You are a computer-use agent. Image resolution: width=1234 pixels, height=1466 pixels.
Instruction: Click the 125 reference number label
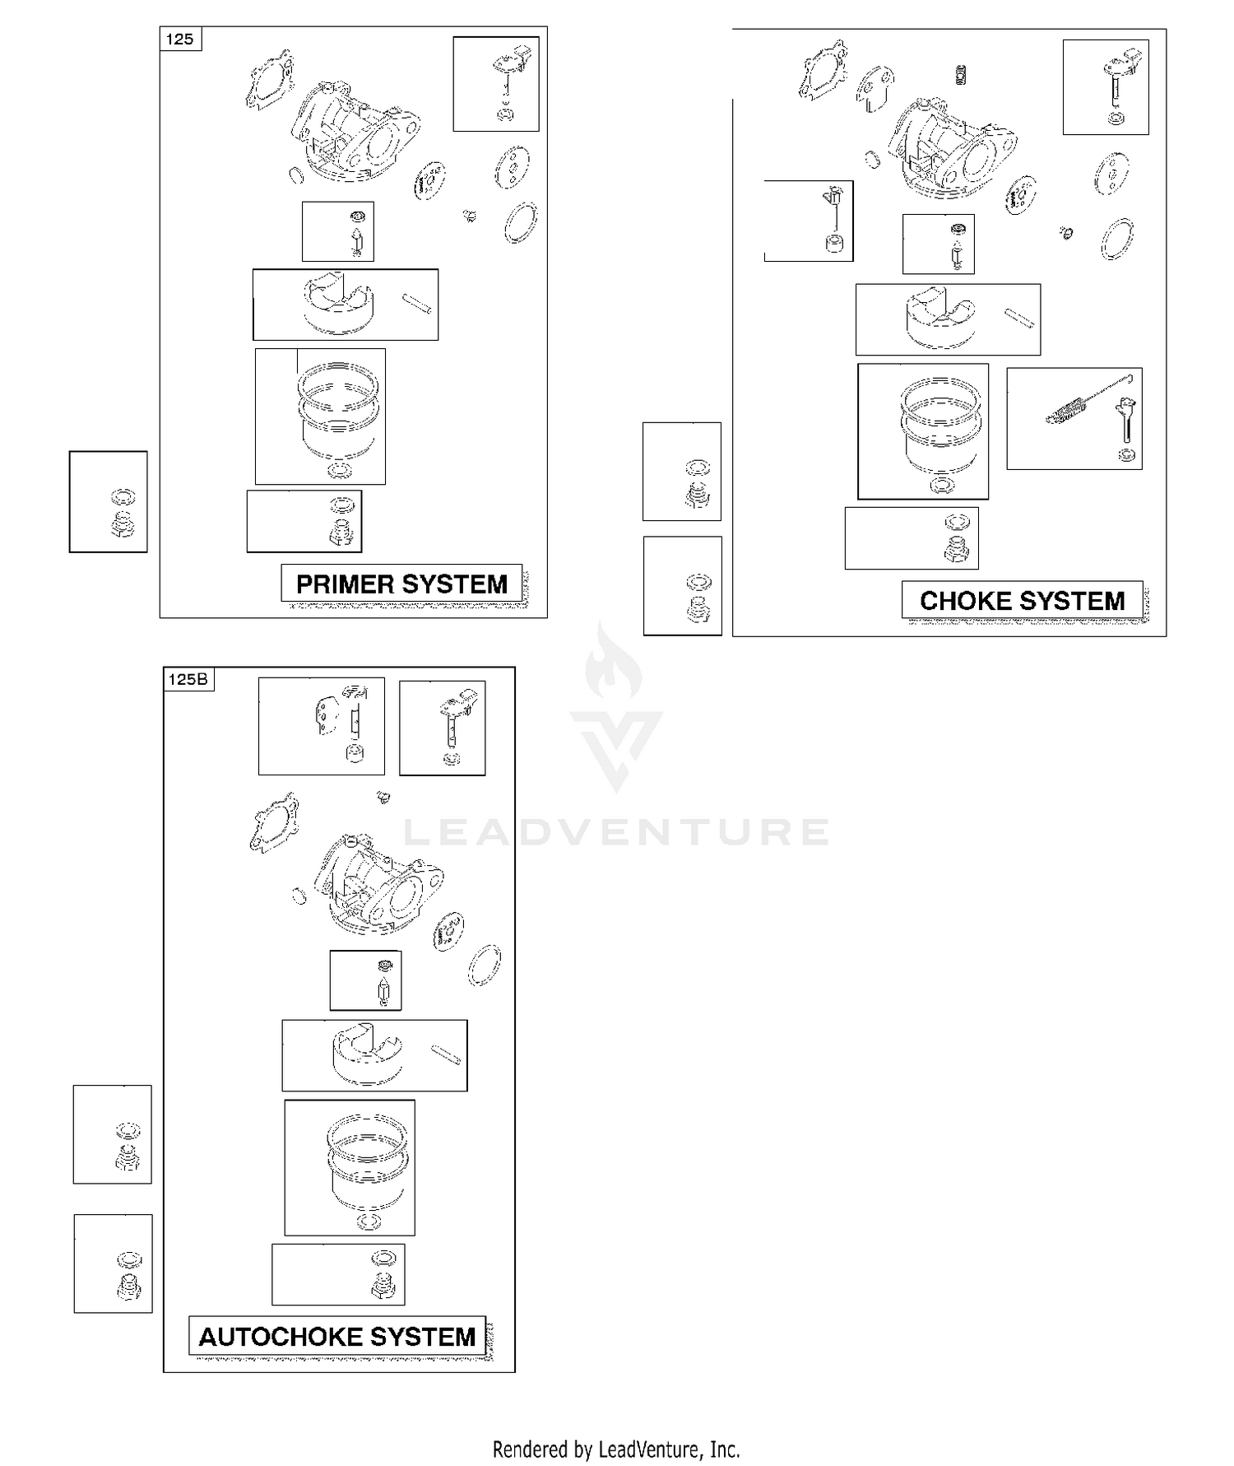pyautogui.click(x=180, y=39)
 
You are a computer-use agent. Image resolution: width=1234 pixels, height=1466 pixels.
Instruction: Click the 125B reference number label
pyautogui.click(x=188, y=679)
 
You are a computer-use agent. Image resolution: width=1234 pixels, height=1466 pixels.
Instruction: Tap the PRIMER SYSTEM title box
pyautogui.click(x=401, y=584)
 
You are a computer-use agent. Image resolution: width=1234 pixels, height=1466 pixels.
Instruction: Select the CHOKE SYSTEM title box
pyautogui.click(x=1022, y=600)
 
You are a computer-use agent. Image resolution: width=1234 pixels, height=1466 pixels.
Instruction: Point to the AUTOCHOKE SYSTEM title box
pyautogui.click(x=337, y=1336)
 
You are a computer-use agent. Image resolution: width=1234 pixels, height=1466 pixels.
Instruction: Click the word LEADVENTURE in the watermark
pyautogui.click(x=616, y=832)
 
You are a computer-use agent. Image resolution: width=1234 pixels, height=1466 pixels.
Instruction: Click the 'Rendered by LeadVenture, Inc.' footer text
pyautogui.click(x=616, y=1449)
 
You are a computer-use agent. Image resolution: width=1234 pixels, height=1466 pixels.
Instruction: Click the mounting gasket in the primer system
pyautogui.click(x=270, y=79)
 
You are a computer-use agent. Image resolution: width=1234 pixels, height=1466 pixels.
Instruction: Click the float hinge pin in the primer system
pyautogui.click(x=416, y=303)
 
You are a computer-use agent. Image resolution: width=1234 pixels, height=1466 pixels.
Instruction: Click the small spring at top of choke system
pyautogui.click(x=961, y=74)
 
